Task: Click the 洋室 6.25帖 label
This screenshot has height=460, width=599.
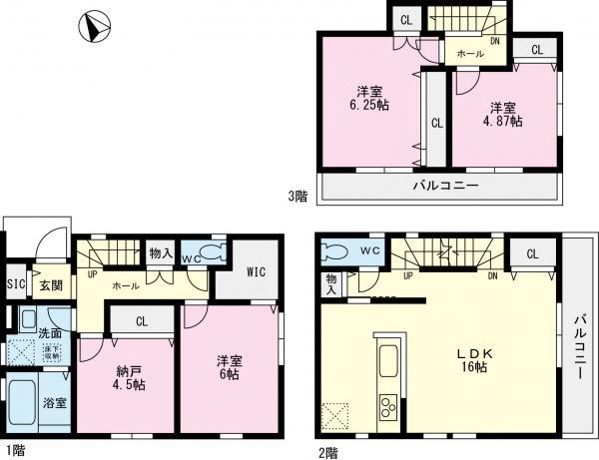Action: coord(369,97)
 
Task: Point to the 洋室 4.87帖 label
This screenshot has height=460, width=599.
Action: coord(503,113)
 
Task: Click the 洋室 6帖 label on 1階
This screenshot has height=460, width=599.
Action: coord(229,369)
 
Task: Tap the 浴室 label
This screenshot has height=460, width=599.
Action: coord(54,404)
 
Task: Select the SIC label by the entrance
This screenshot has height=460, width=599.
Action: coord(14,285)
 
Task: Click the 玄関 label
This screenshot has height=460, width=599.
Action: coord(50,286)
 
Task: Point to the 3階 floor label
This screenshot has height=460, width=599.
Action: coord(299,197)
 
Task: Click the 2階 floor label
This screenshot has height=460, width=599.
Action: coord(327,451)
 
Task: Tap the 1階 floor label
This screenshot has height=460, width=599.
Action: coord(12,451)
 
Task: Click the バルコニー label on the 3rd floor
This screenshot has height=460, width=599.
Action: coord(445,187)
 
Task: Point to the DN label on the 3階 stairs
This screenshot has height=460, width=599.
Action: coord(495,41)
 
